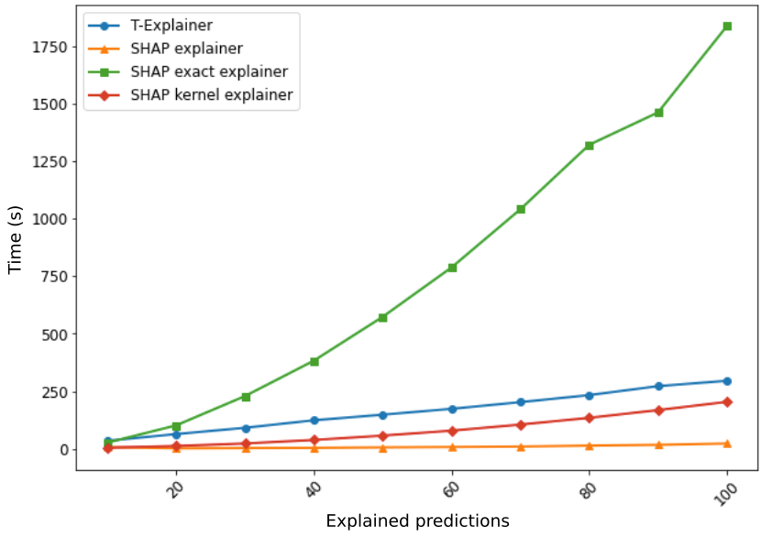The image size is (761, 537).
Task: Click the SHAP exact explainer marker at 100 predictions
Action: click(727, 26)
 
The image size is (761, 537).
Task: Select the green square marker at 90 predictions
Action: click(658, 113)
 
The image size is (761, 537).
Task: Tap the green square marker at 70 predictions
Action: click(521, 209)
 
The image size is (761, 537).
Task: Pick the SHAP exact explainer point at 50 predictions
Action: click(383, 317)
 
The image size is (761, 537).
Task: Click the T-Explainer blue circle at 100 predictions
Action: click(727, 381)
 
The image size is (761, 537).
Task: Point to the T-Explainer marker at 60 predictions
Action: click(452, 409)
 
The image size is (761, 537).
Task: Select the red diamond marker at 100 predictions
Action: click(727, 402)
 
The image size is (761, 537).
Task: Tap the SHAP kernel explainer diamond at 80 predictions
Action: click(590, 418)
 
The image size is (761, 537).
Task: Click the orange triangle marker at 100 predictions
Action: click(727, 444)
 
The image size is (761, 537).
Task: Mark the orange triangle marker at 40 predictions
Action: click(314, 448)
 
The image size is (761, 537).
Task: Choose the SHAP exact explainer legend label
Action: click(209, 71)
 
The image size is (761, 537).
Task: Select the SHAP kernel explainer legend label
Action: click(211, 94)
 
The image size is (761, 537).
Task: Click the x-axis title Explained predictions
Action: click(417, 521)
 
